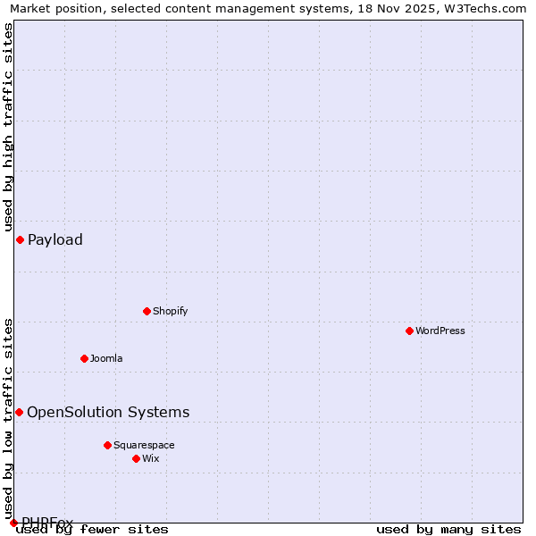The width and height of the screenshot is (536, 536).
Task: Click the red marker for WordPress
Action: tap(409, 331)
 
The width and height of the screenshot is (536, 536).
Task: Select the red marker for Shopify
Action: tap(147, 311)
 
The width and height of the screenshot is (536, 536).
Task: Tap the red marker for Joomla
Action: tap(84, 358)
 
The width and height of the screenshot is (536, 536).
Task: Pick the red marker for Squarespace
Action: tap(107, 445)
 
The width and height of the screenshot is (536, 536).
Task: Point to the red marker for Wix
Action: tap(136, 458)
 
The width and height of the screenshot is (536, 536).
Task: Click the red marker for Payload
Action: tap(20, 239)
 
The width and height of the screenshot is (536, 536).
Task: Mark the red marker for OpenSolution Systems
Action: tap(19, 412)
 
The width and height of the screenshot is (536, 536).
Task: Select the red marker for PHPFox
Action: tap(13, 523)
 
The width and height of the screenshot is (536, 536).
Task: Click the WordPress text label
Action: tap(440, 331)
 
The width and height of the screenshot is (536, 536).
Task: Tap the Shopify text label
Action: tap(170, 311)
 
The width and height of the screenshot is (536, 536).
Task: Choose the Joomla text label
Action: tap(106, 358)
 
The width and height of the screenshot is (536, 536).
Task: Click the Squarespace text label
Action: tap(144, 445)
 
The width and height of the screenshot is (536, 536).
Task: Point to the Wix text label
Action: tap(150, 458)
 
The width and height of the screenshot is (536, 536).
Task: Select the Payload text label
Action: tap(55, 239)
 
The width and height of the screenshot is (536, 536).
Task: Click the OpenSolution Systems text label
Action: tap(108, 412)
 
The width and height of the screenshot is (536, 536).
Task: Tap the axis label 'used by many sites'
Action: tap(448, 529)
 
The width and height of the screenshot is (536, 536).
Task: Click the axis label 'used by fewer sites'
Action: tap(93, 529)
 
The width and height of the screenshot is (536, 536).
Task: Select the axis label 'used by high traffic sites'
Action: tap(8, 128)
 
